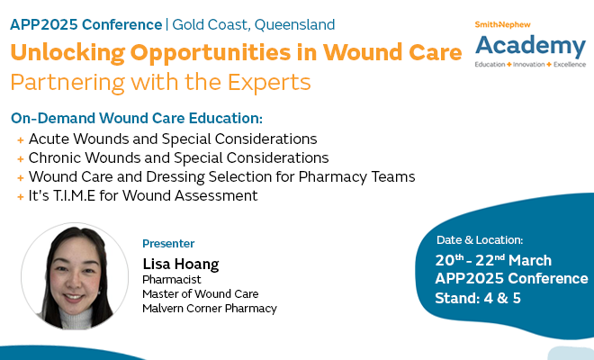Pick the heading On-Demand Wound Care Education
coord(137,119)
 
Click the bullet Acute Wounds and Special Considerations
coord(173,139)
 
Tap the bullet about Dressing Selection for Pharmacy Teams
coord(221,176)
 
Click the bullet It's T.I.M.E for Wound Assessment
coord(143,195)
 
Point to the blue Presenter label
coord(168,244)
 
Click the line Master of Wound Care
coord(201,294)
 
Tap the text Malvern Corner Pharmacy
coord(210,309)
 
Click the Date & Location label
coord(480,240)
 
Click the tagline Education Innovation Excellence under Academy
coord(530,66)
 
